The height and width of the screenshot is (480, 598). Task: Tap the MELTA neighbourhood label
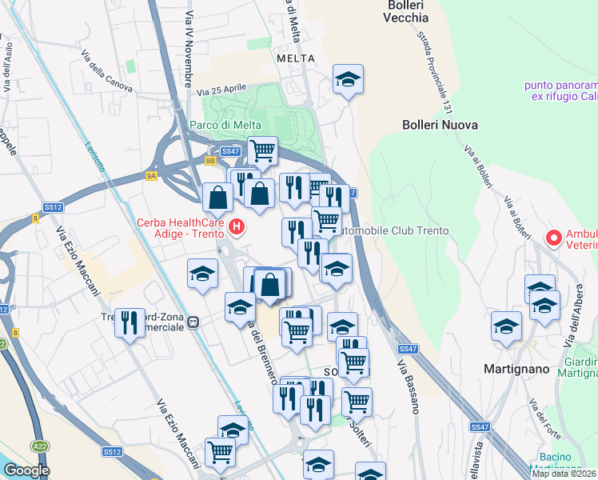[293, 58]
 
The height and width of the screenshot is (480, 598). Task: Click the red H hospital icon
[237, 227]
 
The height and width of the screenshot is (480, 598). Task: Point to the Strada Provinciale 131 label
[435, 72]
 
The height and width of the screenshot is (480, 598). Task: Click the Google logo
[26, 470]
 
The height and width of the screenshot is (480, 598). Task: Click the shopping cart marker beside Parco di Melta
[261, 149]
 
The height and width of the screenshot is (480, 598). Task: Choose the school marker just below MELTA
[348, 78]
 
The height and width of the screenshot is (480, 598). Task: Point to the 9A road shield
[152, 175]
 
